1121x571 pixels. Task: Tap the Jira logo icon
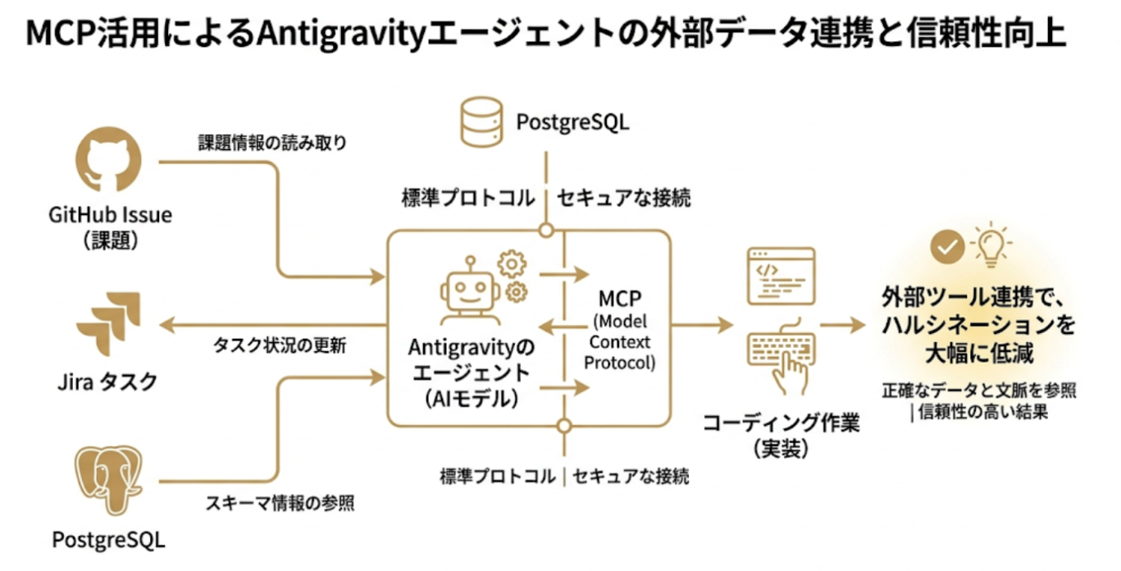[x=109, y=323]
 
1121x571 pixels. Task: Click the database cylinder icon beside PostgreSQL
[x=481, y=121]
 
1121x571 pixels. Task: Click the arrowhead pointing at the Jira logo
[x=165, y=325]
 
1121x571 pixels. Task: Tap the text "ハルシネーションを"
[x=978, y=325]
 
